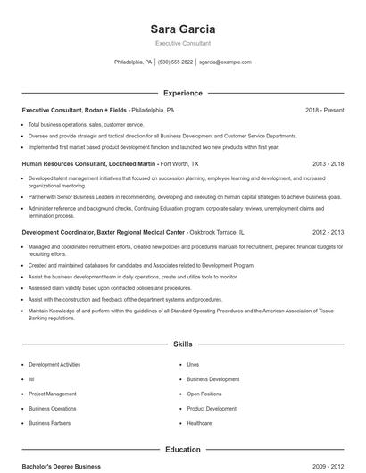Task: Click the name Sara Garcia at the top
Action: tap(183, 29)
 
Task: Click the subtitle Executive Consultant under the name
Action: tap(183, 43)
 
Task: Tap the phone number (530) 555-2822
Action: tap(176, 62)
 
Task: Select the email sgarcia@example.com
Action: tap(225, 62)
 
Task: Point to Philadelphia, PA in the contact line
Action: tap(133, 62)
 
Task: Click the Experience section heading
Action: tap(183, 93)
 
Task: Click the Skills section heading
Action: tap(183, 344)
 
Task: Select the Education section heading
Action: tap(183, 450)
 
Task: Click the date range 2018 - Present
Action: tap(324, 110)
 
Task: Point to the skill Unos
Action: tap(192, 364)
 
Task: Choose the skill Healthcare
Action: tap(199, 422)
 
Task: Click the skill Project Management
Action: tap(52, 394)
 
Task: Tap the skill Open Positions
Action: tap(204, 394)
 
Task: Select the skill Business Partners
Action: tap(49, 422)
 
